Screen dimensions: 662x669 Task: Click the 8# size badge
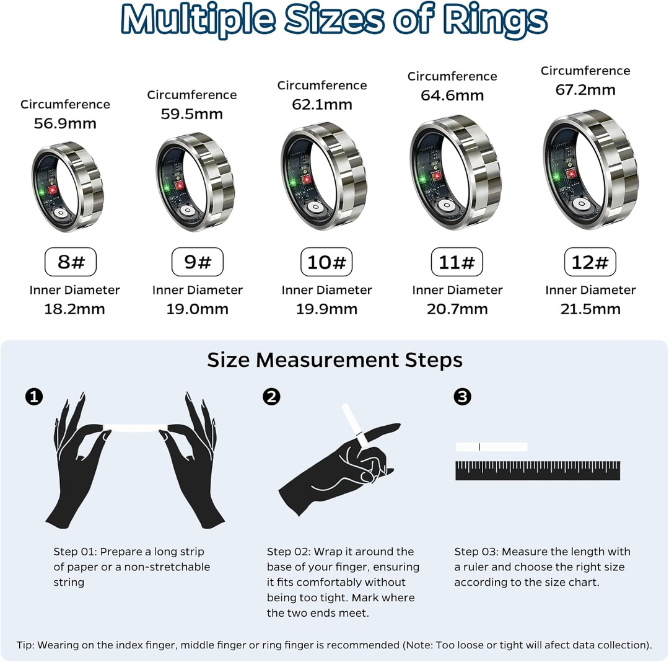[x=71, y=262]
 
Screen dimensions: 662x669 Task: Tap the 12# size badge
[x=590, y=262]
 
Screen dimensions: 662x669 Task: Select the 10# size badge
[x=326, y=262]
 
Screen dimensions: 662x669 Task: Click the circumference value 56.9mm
[x=65, y=123]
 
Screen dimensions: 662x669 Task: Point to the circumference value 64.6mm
[x=452, y=95]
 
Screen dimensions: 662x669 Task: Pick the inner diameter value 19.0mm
[x=197, y=309]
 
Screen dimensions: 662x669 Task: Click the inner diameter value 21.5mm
[x=590, y=309]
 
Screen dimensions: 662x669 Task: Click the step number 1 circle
[x=33, y=397]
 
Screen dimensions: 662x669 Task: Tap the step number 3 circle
[x=462, y=397]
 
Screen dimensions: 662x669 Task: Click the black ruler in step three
[x=537, y=470]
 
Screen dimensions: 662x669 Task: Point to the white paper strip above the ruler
[x=491, y=447]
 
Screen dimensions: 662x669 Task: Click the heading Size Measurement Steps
[x=334, y=360]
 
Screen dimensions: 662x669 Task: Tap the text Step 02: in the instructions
[x=289, y=552]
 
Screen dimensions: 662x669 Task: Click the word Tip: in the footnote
[x=26, y=645]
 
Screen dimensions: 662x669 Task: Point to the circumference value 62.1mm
[x=322, y=105]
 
